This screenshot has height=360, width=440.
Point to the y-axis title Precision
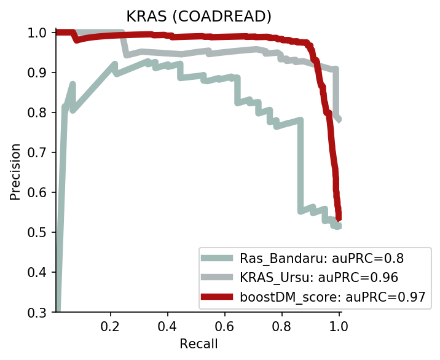coord(15,171)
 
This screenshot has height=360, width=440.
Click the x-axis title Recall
coord(198,343)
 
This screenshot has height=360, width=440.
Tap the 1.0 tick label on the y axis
coord(37,33)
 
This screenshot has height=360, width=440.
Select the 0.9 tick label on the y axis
coord(37,72)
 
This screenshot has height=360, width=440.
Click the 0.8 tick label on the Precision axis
coord(37,112)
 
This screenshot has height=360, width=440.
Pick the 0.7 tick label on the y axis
coord(37,152)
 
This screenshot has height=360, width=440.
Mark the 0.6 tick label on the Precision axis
coord(37,192)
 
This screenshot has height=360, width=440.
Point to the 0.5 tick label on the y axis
coord(37,232)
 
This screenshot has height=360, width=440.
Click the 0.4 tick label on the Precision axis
coord(37,272)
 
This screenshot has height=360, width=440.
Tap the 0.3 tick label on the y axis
coord(37,312)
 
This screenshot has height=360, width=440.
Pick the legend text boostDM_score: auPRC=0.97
coord(333,297)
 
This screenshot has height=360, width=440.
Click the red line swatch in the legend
coord(217,297)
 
